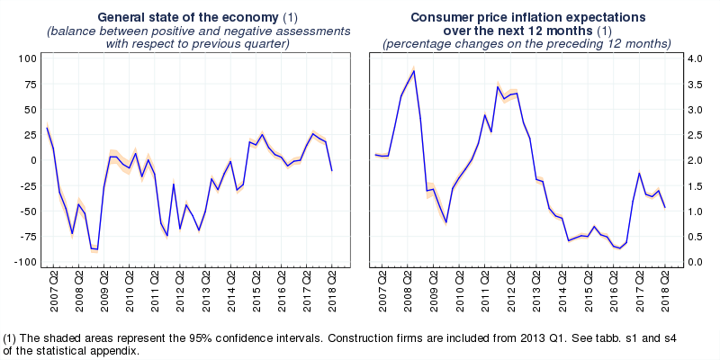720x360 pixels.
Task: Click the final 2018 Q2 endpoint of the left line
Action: tap(332, 170)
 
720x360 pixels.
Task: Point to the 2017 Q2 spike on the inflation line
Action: tap(639, 173)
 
